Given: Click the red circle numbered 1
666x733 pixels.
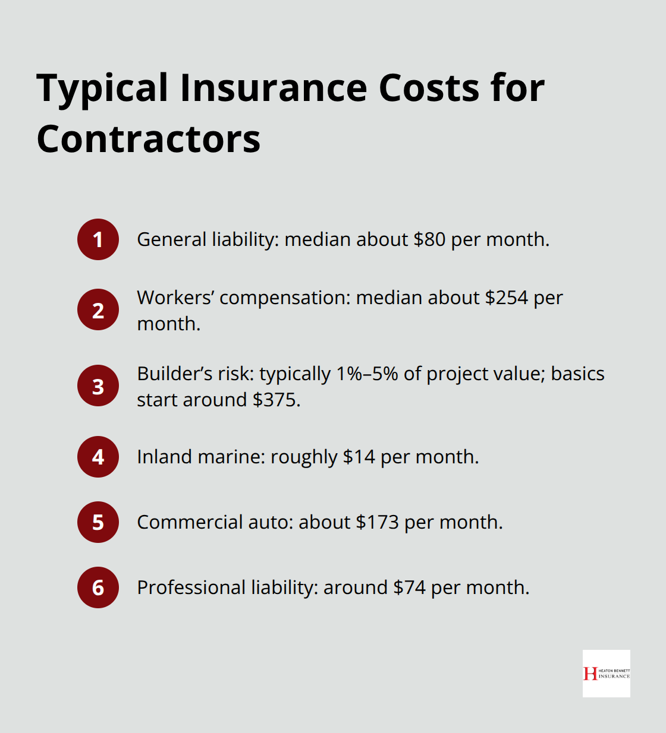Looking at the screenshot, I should coord(98,239).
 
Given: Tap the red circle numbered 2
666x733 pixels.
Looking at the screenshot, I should coord(98,309).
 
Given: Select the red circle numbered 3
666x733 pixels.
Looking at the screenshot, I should coord(98,386).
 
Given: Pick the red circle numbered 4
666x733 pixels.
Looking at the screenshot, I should coord(98,457).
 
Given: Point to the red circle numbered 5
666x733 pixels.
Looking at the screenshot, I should coord(98,522).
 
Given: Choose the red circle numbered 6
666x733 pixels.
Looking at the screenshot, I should coord(98,587).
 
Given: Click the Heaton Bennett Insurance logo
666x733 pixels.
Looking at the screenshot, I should coord(606,673).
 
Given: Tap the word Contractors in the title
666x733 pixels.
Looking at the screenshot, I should coord(149,140).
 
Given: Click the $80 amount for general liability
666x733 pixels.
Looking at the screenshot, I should coord(429,239).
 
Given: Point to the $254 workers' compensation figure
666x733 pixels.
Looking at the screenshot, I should coord(506,298).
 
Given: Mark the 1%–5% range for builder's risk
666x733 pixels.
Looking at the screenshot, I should coord(367,374).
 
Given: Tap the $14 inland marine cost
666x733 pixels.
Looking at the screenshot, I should coord(359,457).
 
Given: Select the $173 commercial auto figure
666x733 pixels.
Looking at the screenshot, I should coord(377,522).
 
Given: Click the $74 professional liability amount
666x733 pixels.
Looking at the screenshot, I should coord(409,587).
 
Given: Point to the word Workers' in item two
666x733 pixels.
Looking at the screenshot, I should coord(175,298).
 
